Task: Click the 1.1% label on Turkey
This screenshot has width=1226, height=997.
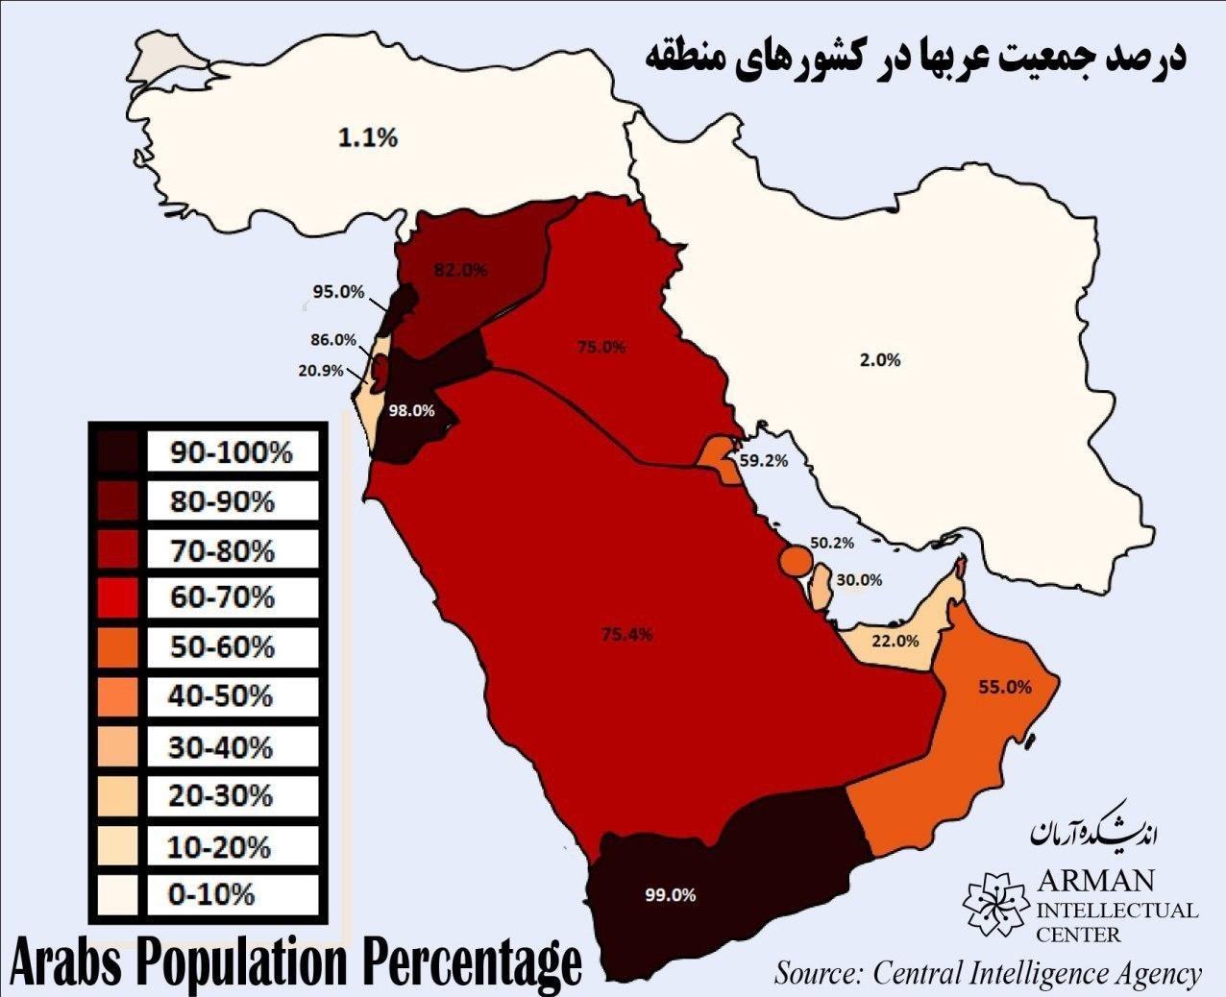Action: [x=367, y=138]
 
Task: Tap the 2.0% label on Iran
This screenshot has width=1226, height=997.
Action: [x=880, y=360]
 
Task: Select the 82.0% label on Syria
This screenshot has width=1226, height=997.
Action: [x=461, y=271]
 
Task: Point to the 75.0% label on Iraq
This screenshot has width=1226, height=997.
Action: [x=601, y=347]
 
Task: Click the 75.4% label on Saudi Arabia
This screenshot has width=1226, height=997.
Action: [x=628, y=634]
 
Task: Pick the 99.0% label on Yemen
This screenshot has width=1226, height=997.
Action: [x=671, y=894]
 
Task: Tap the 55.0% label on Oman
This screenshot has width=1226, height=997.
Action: [x=1005, y=687]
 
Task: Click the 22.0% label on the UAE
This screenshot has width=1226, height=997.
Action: [x=895, y=642]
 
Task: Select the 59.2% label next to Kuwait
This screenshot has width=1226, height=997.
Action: [x=764, y=461]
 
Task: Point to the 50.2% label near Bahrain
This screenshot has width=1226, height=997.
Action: [x=831, y=543]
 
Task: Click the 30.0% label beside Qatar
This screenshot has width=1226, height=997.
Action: [x=858, y=580]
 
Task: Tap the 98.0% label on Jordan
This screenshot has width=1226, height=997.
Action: [x=411, y=410]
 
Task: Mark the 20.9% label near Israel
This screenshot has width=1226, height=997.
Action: [x=321, y=370]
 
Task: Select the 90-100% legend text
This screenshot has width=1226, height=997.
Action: [x=232, y=452]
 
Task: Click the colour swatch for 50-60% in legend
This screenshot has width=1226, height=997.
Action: [x=117, y=647]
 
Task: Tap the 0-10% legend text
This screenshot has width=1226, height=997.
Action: [x=211, y=895]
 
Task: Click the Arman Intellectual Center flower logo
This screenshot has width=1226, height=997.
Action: [x=996, y=904]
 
